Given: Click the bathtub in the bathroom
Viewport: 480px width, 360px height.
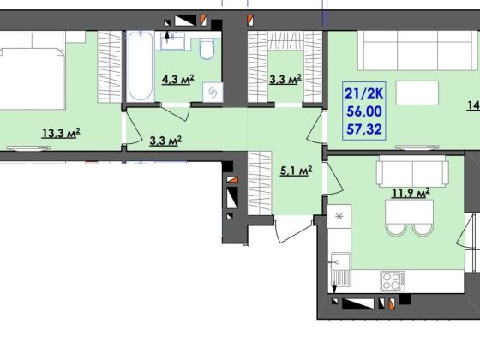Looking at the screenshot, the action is tap(141, 67).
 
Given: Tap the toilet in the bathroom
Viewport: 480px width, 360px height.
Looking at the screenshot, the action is tap(207, 48).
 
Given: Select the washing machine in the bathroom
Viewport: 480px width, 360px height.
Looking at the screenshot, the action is tap(213, 92).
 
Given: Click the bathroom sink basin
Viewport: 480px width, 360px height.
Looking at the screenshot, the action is tap(172, 41).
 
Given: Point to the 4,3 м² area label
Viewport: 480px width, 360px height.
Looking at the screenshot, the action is tap(178, 79).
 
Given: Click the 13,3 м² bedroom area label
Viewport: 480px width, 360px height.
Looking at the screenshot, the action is tap(61, 133).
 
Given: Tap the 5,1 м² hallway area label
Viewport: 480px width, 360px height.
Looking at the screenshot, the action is tap(297, 171).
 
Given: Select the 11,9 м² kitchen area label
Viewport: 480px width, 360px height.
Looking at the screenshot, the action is tap(411, 193).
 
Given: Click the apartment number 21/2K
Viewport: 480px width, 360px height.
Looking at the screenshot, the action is tap(363, 93).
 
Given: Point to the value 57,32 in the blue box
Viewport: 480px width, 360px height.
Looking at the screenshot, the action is tap(364, 129).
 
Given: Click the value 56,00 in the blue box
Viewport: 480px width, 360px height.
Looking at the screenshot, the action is tap(364, 111).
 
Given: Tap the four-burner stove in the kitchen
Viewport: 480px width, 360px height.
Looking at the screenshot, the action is tap(393, 281).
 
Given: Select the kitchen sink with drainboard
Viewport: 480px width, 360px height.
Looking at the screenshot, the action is tap(340, 269).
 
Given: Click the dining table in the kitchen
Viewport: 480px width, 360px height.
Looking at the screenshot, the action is tap(410, 212).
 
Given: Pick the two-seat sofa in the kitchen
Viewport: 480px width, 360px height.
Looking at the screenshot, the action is tap(412, 171).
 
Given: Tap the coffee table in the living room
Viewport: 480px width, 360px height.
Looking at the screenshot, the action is tap(417, 93).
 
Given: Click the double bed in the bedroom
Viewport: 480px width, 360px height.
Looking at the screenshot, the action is tap(33, 79).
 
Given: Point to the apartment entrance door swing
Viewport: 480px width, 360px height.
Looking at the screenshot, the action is tap(295, 231).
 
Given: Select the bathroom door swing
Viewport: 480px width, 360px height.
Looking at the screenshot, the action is tap(175, 111).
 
